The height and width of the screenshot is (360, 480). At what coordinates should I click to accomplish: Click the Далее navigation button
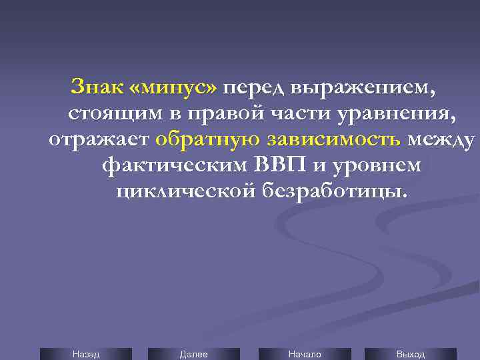193,354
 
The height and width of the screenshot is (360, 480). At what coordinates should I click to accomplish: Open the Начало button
304,354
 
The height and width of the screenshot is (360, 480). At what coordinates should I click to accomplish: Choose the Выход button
411,354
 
